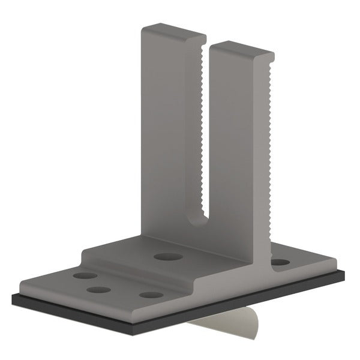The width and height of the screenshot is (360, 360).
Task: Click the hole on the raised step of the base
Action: click(x=168, y=257)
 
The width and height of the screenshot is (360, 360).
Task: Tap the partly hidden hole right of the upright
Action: click(x=279, y=262)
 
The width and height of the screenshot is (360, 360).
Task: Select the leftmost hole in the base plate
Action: click(x=85, y=277)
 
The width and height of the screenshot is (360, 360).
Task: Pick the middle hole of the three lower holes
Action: click(x=98, y=290)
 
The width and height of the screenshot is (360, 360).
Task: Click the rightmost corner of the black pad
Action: click(x=344, y=275)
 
